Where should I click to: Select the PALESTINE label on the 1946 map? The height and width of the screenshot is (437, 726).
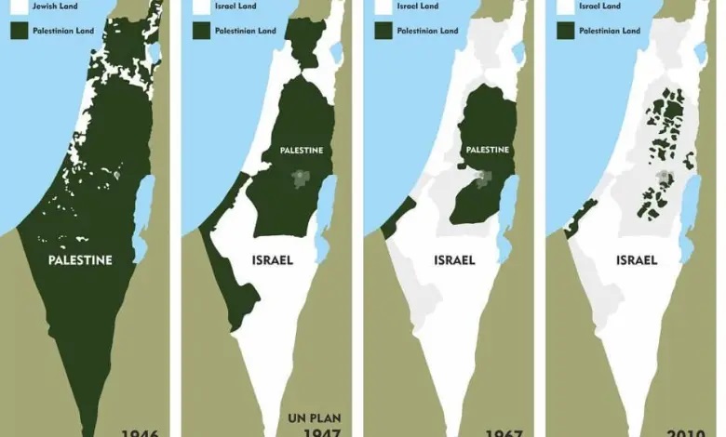coord(80,260)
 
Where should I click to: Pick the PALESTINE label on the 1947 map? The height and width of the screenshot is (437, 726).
coord(301,150)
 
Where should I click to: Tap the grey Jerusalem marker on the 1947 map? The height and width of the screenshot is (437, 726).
coord(299,178)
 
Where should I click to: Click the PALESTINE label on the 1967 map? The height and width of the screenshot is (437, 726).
coord(485,150)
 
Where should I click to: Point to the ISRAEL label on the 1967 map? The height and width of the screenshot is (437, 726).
coord(454,260)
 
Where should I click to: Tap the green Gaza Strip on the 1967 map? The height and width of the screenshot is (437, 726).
coord(398,216)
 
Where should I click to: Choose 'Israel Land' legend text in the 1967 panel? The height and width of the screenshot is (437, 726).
coord(419,5)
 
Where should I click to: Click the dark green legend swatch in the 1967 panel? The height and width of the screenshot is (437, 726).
coord(382,30)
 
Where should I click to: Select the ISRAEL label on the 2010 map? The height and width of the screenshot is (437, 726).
coord(637,260)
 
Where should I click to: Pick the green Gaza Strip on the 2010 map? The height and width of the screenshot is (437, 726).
coord(581,216)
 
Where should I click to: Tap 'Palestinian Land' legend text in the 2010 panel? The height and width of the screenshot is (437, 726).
coord(610,30)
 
